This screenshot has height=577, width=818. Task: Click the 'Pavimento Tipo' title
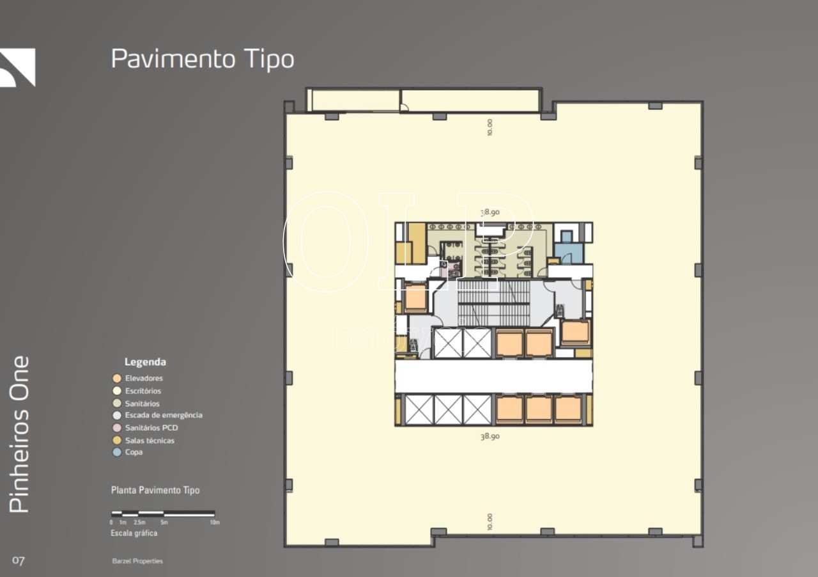pos(203,59)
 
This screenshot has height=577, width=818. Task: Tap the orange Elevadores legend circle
pos(117,378)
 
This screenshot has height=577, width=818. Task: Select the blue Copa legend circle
pos(117,452)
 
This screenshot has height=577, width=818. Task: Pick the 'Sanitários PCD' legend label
pos(151,427)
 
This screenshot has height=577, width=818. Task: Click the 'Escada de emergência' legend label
pos(164,415)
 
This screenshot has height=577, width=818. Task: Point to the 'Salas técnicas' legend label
pos(150,440)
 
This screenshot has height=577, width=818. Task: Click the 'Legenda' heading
pos(145,362)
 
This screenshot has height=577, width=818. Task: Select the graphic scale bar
pos(163,513)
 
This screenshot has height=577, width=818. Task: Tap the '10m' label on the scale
pos(215,523)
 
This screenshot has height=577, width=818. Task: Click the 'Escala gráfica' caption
pos(134,533)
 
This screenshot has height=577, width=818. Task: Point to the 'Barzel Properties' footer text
pos(137,561)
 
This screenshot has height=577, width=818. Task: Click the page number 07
pos(19,561)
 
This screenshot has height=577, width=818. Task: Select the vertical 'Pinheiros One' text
pos(20,434)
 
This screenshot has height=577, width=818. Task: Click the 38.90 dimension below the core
pos(490,436)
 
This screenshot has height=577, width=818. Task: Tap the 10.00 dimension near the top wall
pos(490,127)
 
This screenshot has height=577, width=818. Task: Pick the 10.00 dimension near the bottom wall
pos(490,522)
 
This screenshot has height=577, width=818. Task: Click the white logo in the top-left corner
pos(17,67)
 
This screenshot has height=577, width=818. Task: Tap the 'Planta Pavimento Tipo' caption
pos(155,490)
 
